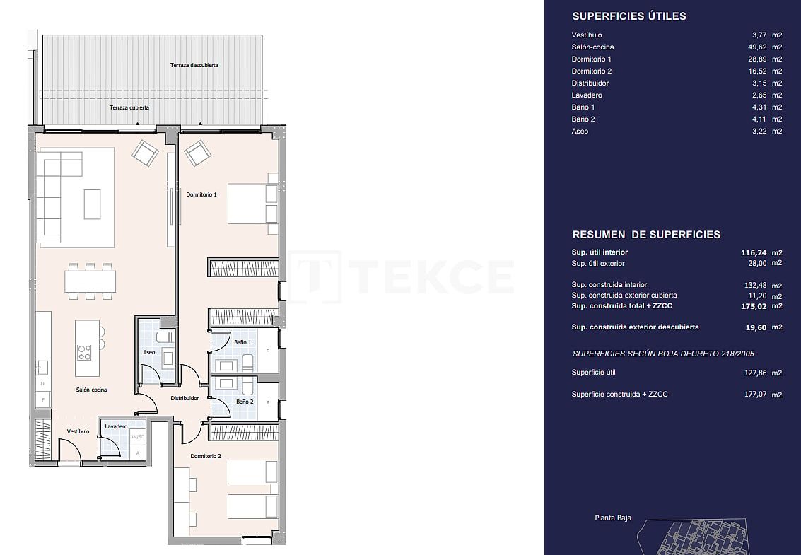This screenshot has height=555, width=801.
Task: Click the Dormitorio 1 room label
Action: pos(201,194)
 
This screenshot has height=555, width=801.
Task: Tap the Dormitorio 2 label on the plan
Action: pos(206,457)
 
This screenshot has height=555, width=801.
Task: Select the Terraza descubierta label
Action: pos(194,65)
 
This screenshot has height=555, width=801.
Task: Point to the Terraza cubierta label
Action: pos(129,108)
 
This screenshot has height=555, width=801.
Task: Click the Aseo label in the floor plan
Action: pos(149,352)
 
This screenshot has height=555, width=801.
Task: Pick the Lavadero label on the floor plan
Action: pos(116,427)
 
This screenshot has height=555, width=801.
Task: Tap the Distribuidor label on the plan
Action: pos(185,398)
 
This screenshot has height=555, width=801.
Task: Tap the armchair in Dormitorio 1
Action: pos(198,153)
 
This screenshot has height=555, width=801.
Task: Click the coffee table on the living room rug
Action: pos(92,204)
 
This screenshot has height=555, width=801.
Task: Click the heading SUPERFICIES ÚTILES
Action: pos(628,16)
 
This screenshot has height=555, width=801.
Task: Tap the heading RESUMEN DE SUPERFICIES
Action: pos(645,235)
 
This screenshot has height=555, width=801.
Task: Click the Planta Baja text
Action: pos(613,518)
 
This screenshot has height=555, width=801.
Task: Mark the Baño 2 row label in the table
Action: pos(583,119)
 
